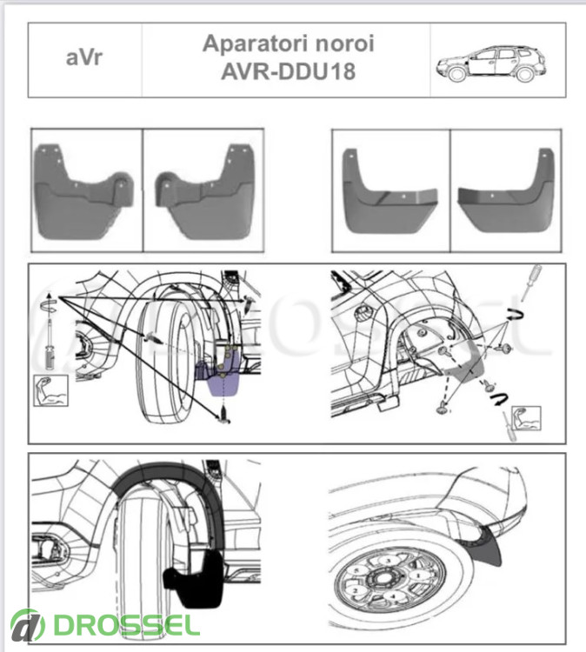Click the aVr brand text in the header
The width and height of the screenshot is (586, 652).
click(x=83, y=57)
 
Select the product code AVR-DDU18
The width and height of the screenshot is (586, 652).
click(x=288, y=71)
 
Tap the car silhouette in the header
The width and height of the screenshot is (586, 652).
click(x=490, y=63)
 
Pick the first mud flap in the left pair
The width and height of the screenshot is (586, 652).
click(x=84, y=191)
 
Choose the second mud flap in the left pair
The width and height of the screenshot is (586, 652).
click(x=204, y=191)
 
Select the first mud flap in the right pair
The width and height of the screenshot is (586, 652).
click(x=390, y=191)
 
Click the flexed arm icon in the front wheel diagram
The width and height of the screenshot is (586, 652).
click(x=50, y=390)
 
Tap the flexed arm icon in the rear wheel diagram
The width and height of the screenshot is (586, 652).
click(x=526, y=418)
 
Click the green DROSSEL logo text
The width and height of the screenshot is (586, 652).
click(x=126, y=624)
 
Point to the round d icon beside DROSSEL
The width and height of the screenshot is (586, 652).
click(x=28, y=625)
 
